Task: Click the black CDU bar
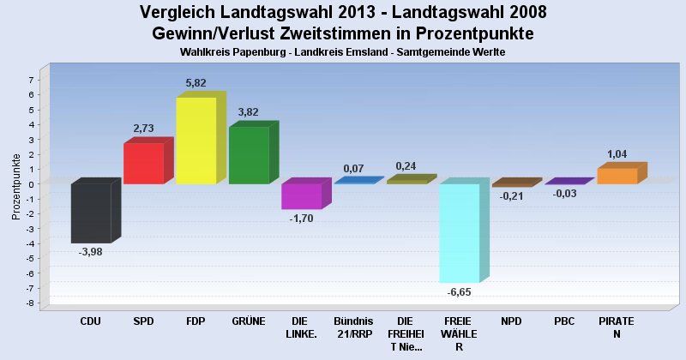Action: pyautogui.click(x=90, y=213)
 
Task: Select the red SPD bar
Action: pyautogui.click(x=143, y=163)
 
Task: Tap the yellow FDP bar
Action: pyautogui.click(x=196, y=141)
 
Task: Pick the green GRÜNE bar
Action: pyautogui.click(x=249, y=155)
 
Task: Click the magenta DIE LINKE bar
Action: pyautogui.click(x=301, y=196)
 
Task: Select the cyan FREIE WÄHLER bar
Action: pyautogui.click(x=459, y=232)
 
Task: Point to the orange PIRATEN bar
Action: pyautogui.click(x=617, y=176)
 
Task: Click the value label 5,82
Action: pyautogui.click(x=196, y=83)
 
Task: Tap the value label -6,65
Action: pyautogui.click(x=459, y=292)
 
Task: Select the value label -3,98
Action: pyautogui.click(x=90, y=252)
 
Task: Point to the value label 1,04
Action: pyautogui.click(x=617, y=154)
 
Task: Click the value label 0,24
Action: pyautogui.click(x=406, y=166)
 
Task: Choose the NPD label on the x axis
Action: pyautogui.click(x=511, y=321)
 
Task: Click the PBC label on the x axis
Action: pyautogui.click(x=564, y=321)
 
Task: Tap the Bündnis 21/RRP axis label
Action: pyautogui.click(x=353, y=327)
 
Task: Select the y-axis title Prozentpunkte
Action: pyautogui.click(x=15, y=187)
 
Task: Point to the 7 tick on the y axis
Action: pyautogui.click(x=31, y=80)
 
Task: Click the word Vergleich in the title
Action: pyautogui.click(x=181, y=13)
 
